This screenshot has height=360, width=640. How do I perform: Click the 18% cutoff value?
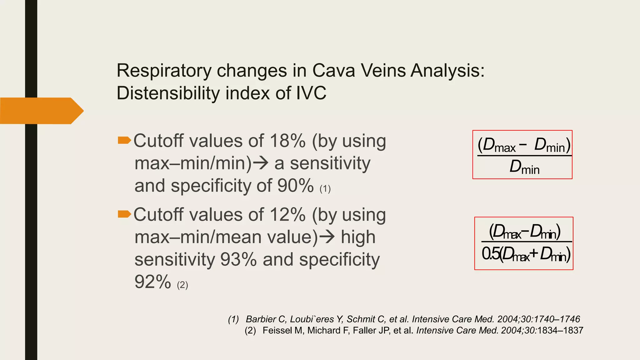coord(287,141)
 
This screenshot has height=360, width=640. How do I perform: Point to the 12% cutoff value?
coord(287,215)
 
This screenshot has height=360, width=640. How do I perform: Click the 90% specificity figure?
coord(295,186)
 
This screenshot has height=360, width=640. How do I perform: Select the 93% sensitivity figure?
coord(238,259)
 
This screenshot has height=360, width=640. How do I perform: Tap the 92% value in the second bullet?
coord(153,282)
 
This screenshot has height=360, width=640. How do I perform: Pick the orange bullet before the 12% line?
coord(124,214)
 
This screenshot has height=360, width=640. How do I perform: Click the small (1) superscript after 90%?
coord(325,189)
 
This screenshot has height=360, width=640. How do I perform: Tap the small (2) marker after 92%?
coord(182,285)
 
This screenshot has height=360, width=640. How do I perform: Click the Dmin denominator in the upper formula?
coord(524,167)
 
